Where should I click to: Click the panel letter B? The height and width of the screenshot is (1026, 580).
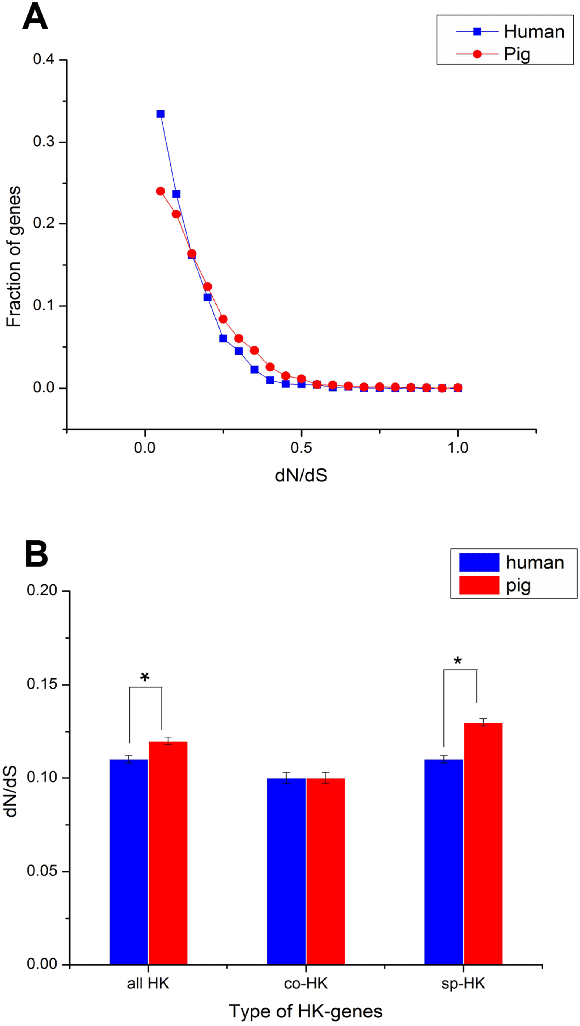click(x=36, y=554)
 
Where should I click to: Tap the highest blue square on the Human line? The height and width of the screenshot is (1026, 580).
click(x=160, y=114)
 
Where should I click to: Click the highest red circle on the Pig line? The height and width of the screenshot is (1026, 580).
click(x=160, y=191)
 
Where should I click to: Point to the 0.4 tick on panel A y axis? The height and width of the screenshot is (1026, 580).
click(x=44, y=60)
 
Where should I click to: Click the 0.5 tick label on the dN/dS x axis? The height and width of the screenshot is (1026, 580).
click(x=301, y=448)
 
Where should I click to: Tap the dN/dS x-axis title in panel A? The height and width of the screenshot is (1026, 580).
click(x=301, y=475)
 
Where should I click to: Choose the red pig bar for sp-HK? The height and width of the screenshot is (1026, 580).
click(x=483, y=844)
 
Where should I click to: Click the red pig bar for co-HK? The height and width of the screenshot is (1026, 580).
click(x=326, y=872)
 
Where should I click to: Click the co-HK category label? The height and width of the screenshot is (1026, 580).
click(x=306, y=983)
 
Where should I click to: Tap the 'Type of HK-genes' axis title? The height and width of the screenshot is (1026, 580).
click(x=306, y=1011)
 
